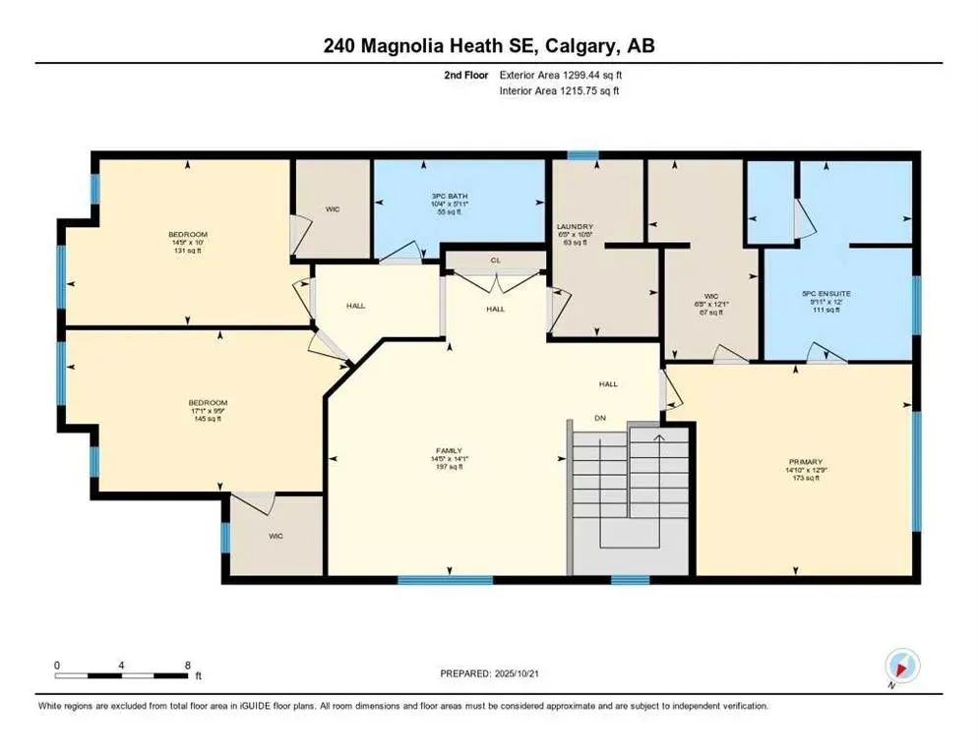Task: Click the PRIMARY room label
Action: tap(804, 461)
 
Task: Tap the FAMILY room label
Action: tap(449, 450)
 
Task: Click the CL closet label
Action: tap(495, 261)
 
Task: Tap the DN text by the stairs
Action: tap(601, 418)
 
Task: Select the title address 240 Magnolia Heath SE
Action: tap(488, 46)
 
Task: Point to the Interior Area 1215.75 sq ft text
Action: tap(559, 90)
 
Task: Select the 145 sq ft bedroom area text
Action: tap(208, 419)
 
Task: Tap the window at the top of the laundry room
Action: tap(582, 155)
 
